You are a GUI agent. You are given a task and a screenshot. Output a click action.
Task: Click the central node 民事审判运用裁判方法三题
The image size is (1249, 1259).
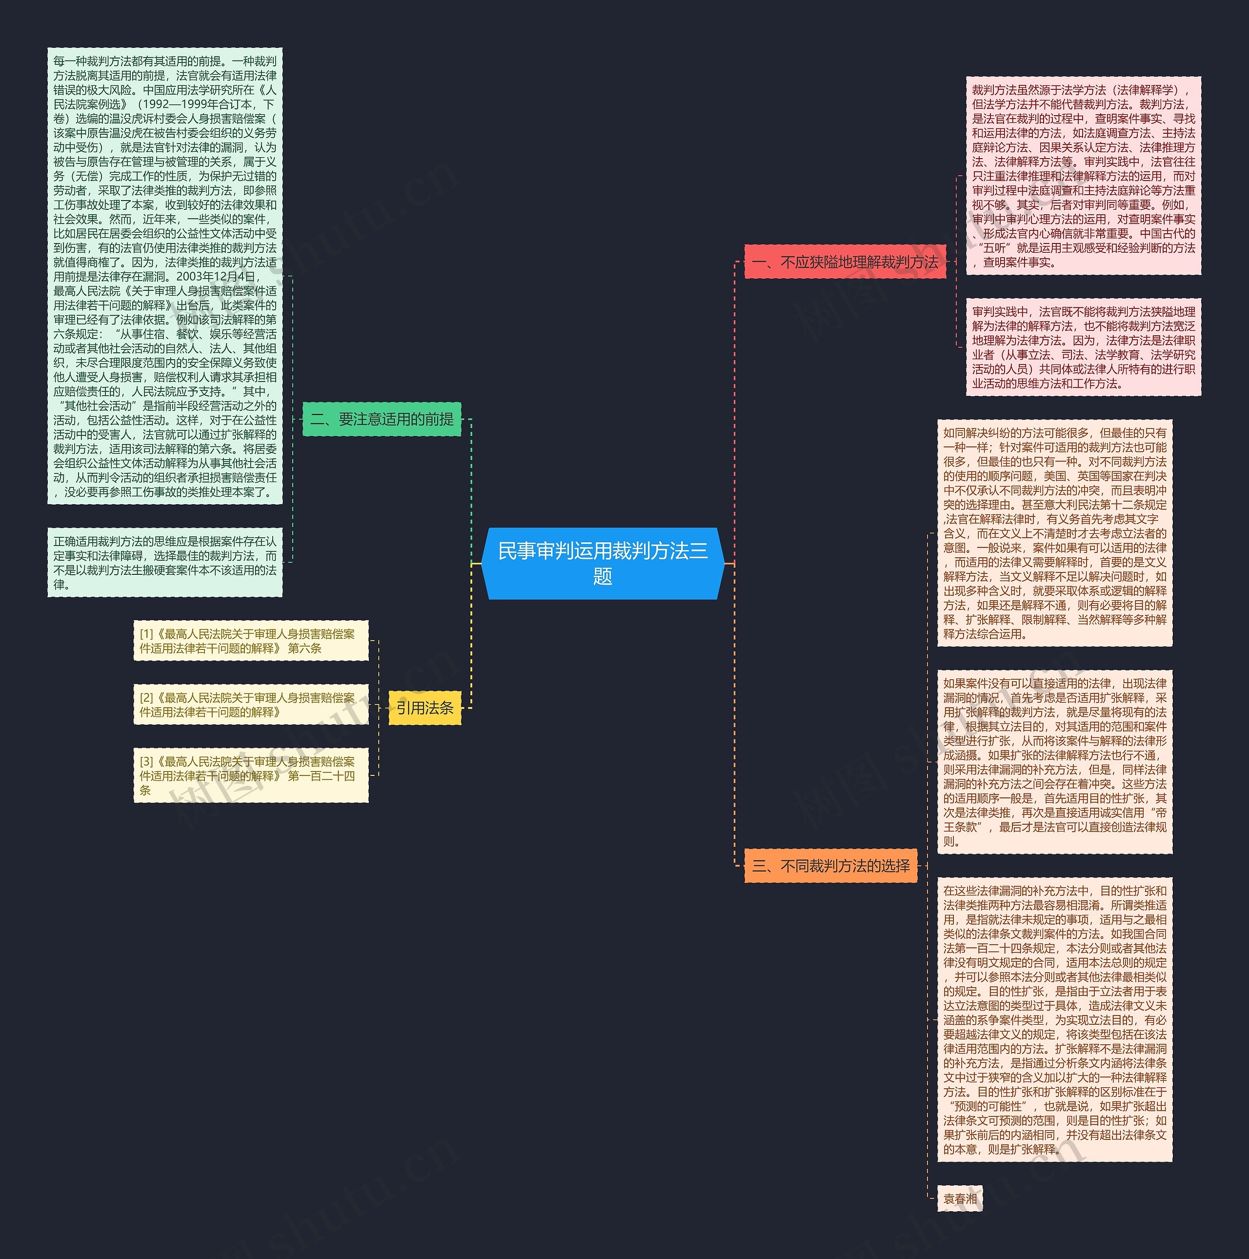click(602, 563)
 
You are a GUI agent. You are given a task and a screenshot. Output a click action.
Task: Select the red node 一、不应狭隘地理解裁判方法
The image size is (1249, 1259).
click(845, 262)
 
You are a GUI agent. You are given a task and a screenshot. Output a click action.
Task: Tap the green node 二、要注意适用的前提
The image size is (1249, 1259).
click(382, 419)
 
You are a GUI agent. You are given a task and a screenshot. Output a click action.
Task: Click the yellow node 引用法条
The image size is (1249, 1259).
click(425, 708)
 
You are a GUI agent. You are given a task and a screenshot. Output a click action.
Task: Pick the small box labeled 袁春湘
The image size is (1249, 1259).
click(960, 1198)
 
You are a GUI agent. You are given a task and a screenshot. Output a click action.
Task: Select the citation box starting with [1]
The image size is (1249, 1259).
click(251, 641)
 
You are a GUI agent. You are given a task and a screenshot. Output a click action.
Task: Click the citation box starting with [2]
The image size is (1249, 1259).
click(251, 705)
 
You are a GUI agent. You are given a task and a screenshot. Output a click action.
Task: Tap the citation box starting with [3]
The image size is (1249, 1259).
click(251, 775)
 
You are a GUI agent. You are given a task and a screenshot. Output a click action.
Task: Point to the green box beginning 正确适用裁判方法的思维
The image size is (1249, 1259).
click(165, 562)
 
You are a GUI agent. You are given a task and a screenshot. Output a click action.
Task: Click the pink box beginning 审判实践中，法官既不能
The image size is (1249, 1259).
click(1083, 347)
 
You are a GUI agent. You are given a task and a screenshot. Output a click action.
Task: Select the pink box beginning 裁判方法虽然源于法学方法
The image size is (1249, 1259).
click(1083, 176)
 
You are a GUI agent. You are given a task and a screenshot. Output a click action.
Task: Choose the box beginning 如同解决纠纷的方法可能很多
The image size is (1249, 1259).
click(1054, 533)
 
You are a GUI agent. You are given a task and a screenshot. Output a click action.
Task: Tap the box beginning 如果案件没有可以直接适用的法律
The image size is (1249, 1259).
click(1054, 762)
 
